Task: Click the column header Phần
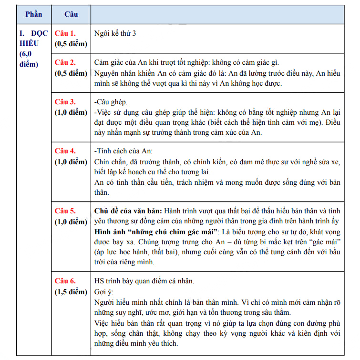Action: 34,14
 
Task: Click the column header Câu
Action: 71,14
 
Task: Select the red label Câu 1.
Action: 65,33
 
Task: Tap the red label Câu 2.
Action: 65,62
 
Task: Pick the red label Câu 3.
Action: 65,102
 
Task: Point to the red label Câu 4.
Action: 65,151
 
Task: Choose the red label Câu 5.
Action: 65,210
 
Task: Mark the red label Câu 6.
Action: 65,280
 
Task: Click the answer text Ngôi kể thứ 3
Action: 115,33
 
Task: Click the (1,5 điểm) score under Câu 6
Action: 71,291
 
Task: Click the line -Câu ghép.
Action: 111,102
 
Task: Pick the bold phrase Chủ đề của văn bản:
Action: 128,210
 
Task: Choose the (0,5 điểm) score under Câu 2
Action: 71,73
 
